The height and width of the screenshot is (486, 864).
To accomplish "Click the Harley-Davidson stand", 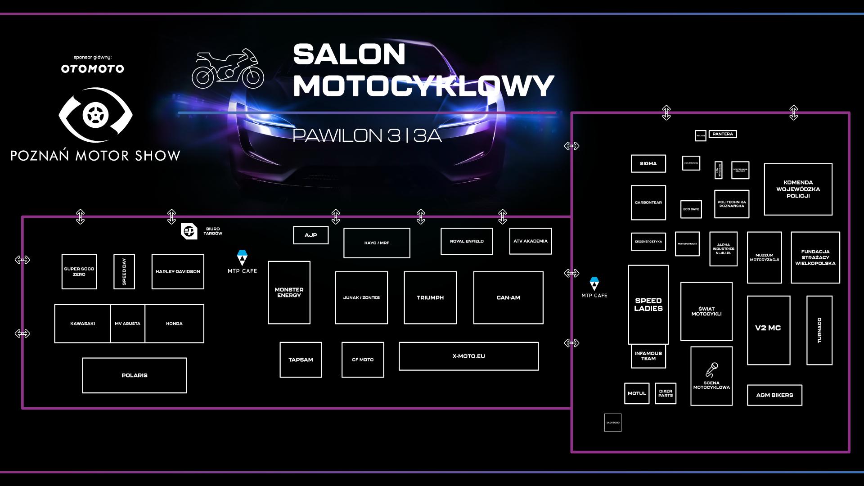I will [x=178, y=271].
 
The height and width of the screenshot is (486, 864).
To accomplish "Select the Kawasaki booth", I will [x=82, y=324].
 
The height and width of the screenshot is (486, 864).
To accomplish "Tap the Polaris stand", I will [x=134, y=375].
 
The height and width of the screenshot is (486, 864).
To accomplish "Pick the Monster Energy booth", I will [x=289, y=292].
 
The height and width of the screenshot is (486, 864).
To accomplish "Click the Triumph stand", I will [x=430, y=297].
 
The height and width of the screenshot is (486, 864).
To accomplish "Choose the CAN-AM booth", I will [x=508, y=297].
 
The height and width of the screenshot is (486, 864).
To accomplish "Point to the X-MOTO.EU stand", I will [x=468, y=356].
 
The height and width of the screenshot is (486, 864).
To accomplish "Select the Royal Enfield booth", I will [x=467, y=241].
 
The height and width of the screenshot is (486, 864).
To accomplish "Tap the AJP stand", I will [x=310, y=235].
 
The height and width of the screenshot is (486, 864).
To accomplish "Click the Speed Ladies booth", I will [x=648, y=305].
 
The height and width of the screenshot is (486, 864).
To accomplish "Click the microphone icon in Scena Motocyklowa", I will [x=712, y=369].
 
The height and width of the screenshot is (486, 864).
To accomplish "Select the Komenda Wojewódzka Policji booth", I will [x=798, y=189].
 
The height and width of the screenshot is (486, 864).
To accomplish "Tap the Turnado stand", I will [x=819, y=330].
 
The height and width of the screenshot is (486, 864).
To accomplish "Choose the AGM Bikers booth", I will [x=774, y=395].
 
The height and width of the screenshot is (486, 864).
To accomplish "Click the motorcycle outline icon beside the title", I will [x=228, y=69].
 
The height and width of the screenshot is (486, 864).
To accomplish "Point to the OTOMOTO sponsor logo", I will [x=92, y=69].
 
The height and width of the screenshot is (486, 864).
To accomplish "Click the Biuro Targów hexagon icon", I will [x=189, y=231].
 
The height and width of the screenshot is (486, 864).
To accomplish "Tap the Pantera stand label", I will [x=723, y=134].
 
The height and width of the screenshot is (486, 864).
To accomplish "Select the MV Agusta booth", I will [x=127, y=324].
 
